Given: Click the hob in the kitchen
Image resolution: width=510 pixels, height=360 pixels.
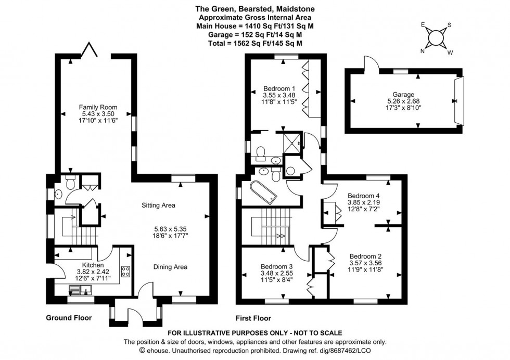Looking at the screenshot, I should (125, 271).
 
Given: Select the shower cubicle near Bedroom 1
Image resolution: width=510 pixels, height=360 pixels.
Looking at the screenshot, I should (293, 142).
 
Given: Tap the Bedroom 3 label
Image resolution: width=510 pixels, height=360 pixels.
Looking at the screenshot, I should (276, 267).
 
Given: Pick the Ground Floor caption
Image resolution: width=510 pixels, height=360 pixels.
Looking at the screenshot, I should (69, 318).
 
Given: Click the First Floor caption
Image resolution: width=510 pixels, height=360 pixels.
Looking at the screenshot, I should (254, 318).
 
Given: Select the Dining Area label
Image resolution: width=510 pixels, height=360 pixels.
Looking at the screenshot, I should (170, 267).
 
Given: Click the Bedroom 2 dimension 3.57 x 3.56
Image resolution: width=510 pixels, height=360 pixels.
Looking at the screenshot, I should (365, 263).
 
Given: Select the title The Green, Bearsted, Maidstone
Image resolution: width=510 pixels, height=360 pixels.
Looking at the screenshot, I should (255, 9).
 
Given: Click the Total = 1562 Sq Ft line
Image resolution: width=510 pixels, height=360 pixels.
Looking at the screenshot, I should (255, 43).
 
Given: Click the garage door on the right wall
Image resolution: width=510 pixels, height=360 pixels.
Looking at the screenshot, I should (459, 101).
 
